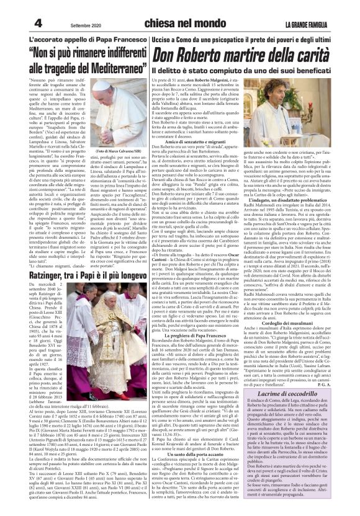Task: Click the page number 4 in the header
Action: click(21, 22)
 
